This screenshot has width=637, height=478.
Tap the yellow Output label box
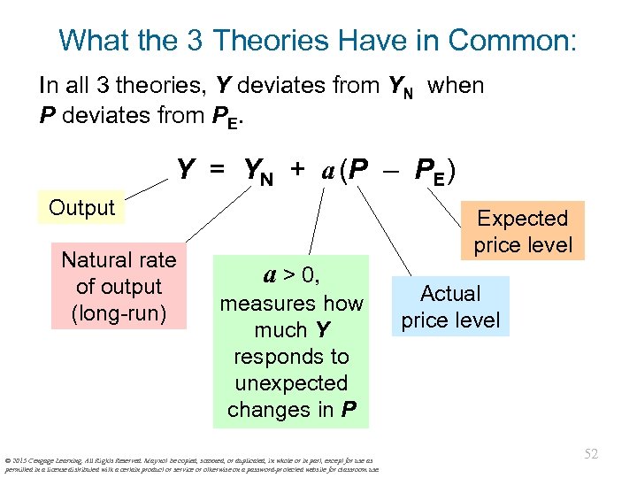[82, 208]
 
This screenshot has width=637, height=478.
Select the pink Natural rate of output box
[119, 286]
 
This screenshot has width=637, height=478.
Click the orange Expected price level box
[522, 231]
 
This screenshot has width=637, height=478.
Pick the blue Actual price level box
[450, 306]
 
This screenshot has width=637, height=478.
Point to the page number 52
[590, 454]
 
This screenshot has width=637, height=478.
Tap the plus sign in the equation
[297, 168]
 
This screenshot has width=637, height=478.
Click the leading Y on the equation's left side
[186, 168]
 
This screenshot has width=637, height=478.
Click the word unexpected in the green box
[291, 383]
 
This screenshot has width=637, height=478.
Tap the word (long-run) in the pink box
[119, 312]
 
